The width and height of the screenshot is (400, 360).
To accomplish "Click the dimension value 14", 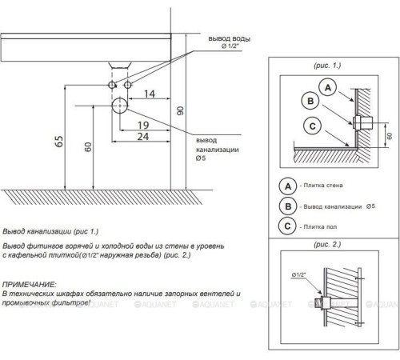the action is point(150,94).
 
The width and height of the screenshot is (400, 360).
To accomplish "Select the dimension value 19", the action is point(143,125).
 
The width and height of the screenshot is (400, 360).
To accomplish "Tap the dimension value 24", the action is point(143,137).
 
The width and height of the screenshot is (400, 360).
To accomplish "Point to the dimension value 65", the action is point(59,142).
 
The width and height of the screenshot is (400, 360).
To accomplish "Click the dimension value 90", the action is point(181,110).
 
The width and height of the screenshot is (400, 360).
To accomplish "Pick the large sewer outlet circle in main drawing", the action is point(120,106).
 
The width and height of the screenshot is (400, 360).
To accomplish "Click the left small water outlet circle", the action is point(112,85).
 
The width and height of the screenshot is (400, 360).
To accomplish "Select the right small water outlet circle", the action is point(128,85).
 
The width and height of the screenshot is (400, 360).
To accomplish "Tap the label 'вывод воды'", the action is point(230,38).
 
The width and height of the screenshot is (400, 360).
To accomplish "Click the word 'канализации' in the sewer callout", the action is point(218,150).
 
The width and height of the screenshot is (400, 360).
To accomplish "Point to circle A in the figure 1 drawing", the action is point(328,87).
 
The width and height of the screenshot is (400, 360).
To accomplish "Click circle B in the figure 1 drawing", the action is point(310,101).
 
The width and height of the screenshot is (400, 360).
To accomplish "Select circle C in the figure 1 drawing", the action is point(312,126).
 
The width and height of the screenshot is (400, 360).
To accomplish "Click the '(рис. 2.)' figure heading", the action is point(327,244).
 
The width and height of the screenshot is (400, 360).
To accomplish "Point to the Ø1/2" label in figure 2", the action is point(298,274).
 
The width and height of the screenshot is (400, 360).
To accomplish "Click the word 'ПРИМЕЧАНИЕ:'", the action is point(30,285).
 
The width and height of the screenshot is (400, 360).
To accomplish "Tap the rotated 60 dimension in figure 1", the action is point(390,136).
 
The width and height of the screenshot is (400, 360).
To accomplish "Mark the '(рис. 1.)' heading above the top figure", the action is point(327,66).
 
